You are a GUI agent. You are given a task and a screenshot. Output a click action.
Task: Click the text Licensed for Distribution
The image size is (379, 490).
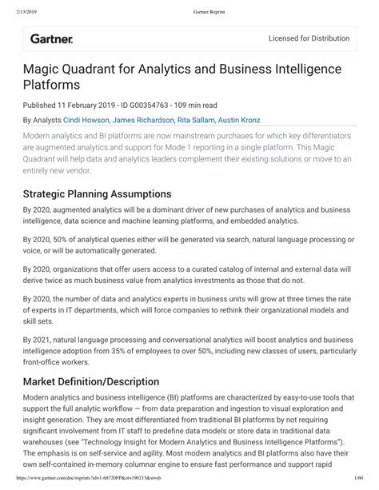308,38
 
